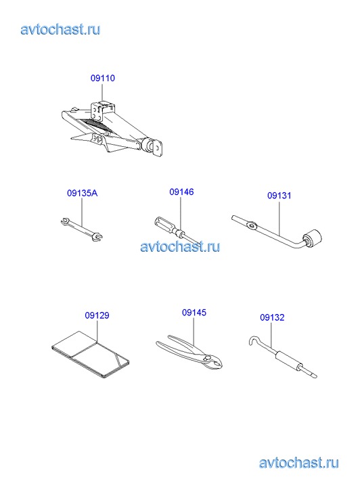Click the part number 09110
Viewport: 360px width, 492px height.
(x=103, y=78)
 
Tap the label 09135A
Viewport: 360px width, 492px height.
(x=83, y=193)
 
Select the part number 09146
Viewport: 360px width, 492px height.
(x=181, y=192)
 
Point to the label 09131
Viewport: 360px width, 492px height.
(x=279, y=196)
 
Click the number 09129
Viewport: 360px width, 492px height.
(x=97, y=315)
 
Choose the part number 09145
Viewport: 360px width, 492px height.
(x=194, y=313)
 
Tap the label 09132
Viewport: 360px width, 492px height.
(x=272, y=317)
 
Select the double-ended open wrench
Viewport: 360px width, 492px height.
(x=82, y=229)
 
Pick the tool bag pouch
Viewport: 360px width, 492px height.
(x=91, y=353)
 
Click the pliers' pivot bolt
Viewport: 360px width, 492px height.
(x=206, y=358)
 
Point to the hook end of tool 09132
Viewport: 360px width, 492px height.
(x=254, y=340)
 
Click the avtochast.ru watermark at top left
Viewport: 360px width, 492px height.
(x=60, y=30)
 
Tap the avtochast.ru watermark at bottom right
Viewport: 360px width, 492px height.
(x=299, y=463)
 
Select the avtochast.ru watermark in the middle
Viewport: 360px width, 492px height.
(x=180, y=246)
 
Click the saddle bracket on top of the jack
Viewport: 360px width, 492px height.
(x=102, y=110)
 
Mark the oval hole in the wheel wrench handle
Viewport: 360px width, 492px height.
(x=251, y=225)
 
